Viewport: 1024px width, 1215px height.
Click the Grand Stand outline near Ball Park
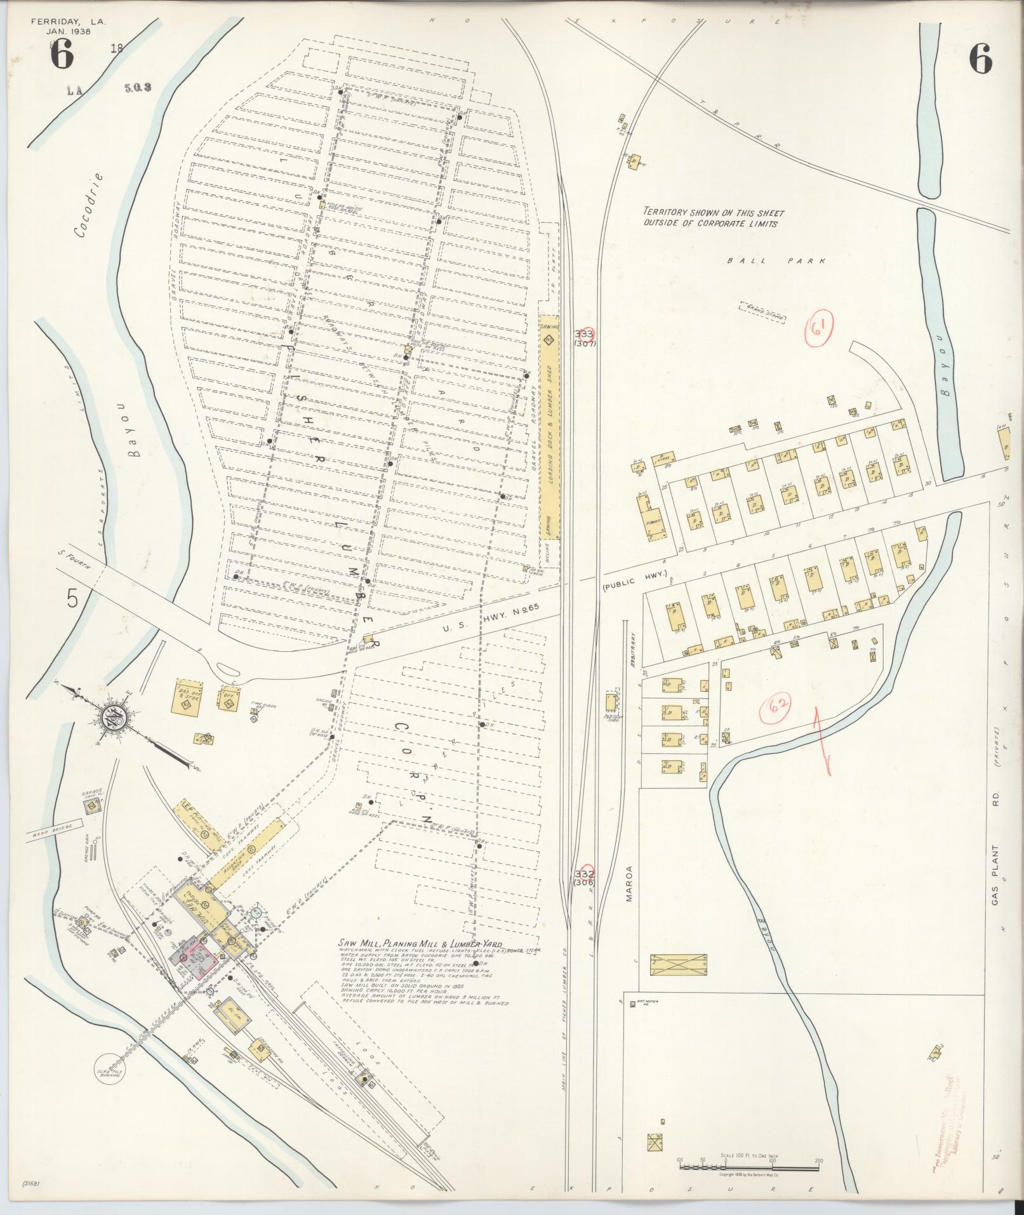(762, 313)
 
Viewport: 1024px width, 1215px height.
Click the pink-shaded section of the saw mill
(202, 954)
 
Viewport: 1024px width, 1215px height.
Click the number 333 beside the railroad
(583, 333)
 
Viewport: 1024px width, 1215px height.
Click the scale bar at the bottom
(749, 1167)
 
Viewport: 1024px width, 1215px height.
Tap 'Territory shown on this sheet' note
(713, 218)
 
